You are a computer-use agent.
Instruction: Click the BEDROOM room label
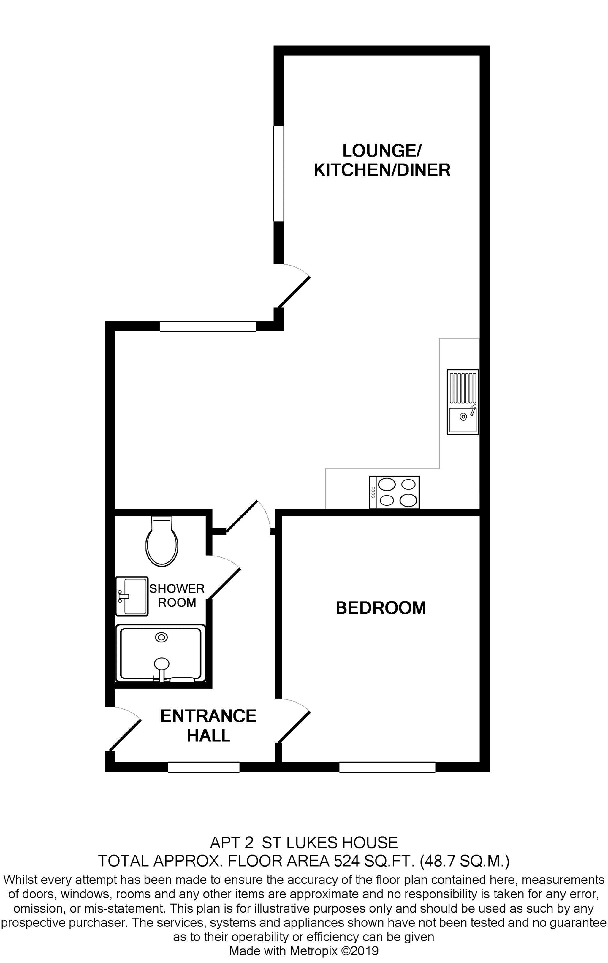pyautogui.click(x=380, y=608)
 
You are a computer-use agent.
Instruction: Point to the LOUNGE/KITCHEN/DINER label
pyautogui.click(x=382, y=160)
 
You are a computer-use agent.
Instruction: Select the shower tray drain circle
pyautogui.click(x=161, y=637)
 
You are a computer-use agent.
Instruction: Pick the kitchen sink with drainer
pyautogui.click(x=463, y=402)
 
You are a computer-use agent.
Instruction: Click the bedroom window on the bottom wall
pyautogui.click(x=387, y=767)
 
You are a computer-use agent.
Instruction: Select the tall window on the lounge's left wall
pyautogui.click(x=278, y=173)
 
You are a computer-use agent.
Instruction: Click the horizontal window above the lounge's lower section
pyautogui.click(x=208, y=326)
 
